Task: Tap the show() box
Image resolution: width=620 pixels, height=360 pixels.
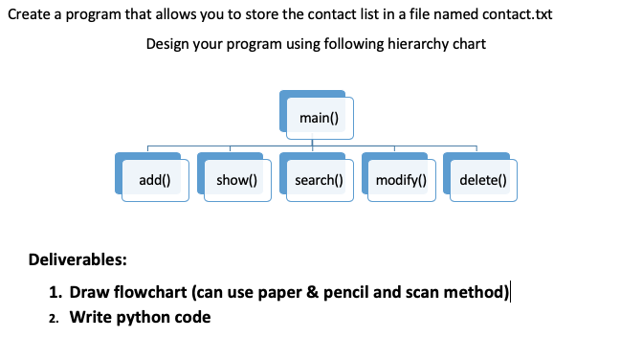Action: pyautogui.click(x=235, y=179)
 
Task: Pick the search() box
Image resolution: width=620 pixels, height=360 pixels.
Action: pyautogui.click(x=319, y=179)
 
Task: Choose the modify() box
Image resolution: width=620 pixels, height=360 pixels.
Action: pyautogui.click(x=401, y=179)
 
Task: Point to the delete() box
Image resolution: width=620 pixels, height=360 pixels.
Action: pyautogui.click(x=483, y=179)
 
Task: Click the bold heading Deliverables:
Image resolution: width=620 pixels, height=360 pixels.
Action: pyautogui.click(x=77, y=259)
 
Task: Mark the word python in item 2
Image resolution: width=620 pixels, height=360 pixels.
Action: pyautogui.click(x=141, y=317)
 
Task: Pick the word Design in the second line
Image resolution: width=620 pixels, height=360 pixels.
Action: pyautogui.click(x=168, y=44)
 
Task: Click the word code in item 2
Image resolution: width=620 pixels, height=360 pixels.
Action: pyautogui.click(x=192, y=317)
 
